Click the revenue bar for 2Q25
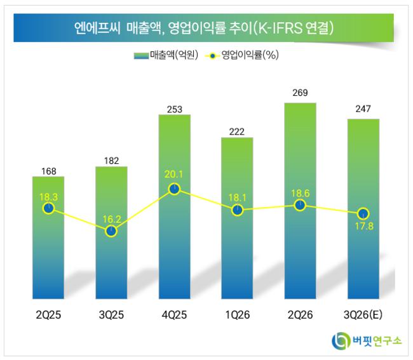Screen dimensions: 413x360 coord(48,237)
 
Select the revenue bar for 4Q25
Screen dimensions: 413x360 coord(174,206)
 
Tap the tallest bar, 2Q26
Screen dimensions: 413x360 coord(301,201)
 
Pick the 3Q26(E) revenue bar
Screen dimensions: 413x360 coord(363,209)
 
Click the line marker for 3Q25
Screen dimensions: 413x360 coord(111,231)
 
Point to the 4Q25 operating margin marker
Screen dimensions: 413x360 coord(174,189)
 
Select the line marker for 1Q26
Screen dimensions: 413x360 coord(238,210)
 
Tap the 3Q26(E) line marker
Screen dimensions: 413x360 coord(363,214)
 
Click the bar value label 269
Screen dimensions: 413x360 coord(300,93)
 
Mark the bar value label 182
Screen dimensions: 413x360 coord(111,161)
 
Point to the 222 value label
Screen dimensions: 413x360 coord(237,131)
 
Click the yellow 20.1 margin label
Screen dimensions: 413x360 coord(173,174)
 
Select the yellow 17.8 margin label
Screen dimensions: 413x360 coord(364,226)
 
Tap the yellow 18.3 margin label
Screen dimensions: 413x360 coord(49,197)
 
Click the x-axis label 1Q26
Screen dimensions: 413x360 coord(238,315)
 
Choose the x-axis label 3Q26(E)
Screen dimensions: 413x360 coord(363,315)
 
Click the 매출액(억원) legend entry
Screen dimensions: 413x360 coord(166,55)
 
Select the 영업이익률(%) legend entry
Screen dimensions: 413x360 coord(242,55)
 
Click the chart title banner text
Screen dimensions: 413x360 coord(203,28)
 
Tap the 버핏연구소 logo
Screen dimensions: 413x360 coord(367,341)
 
